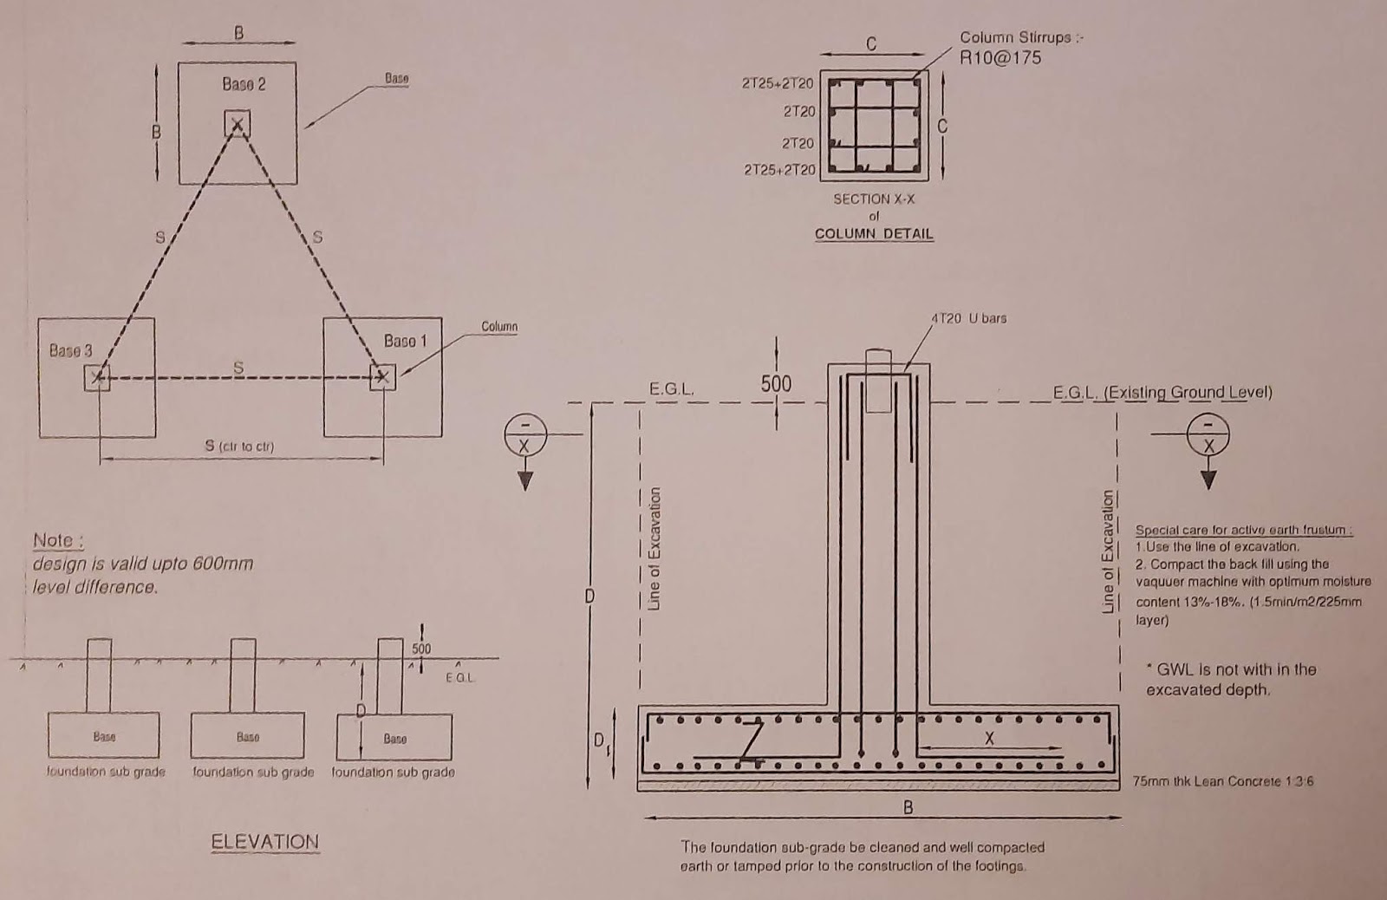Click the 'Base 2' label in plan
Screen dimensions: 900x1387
[x=244, y=85]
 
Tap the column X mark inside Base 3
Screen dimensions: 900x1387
[x=97, y=378]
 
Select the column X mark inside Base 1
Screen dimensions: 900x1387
[x=382, y=378]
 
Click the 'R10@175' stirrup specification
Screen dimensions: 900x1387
[x=1000, y=58]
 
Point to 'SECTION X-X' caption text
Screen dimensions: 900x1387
[x=874, y=199]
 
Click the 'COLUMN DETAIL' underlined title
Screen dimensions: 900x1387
[x=874, y=234]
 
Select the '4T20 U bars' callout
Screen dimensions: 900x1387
[x=968, y=318]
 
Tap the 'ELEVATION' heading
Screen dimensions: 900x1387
[x=264, y=842]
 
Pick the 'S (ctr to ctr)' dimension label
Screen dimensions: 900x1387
[x=240, y=447]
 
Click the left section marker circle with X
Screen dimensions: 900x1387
[x=524, y=433]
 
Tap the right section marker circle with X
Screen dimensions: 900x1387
[x=1208, y=433]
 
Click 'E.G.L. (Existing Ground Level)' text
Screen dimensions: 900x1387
[x=1162, y=393]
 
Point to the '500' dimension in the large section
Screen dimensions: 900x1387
[x=776, y=384]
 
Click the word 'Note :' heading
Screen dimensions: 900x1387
[x=58, y=541]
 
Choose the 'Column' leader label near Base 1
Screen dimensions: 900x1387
[x=498, y=327]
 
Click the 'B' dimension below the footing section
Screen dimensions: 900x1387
[x=908, y=807]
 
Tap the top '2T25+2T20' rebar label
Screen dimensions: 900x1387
[x=778, y=83]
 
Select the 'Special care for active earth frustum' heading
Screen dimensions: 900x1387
[x=1244, y=530]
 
